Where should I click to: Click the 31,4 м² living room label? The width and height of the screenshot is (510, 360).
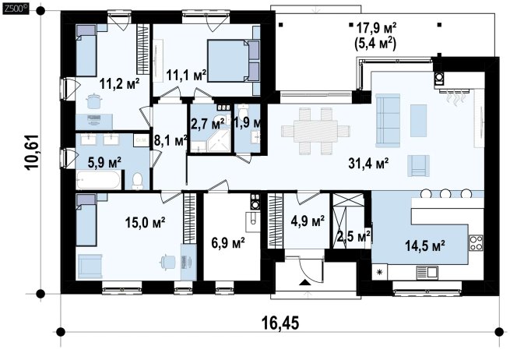(x=368, y=164)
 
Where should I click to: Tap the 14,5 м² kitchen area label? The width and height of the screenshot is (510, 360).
(x=425, y=245)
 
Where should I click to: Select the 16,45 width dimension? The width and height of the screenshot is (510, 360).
(x=280, y=323)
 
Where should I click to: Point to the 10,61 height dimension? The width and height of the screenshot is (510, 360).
(x=32, y=151)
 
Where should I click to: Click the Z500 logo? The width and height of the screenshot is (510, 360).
(x=16, y=9)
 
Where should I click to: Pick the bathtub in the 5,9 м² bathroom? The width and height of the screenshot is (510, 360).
(x=99, y=180)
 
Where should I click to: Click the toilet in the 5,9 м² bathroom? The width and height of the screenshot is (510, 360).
(x=138, y=181)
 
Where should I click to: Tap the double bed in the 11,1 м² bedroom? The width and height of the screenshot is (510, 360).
(x=233, y=61)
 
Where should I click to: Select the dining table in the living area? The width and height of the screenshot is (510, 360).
(x=315, y=131)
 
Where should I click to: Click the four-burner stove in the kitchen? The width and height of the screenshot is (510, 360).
(x=476, y=243)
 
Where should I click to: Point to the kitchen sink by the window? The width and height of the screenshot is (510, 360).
(x=427, y=272)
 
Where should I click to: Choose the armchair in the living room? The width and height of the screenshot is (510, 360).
(x=419, y=166)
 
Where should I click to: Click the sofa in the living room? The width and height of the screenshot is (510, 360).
(x=388, y=121)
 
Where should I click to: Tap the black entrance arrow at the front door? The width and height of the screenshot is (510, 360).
(x=304, y=282)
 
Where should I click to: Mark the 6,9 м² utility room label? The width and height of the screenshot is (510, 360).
(x=228, y=243)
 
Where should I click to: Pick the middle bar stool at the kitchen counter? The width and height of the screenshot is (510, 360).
(x=445, y=193)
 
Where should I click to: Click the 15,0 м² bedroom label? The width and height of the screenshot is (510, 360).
(x=146, y=223)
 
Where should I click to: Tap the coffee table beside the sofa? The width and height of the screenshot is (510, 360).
(x=419, y=121)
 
